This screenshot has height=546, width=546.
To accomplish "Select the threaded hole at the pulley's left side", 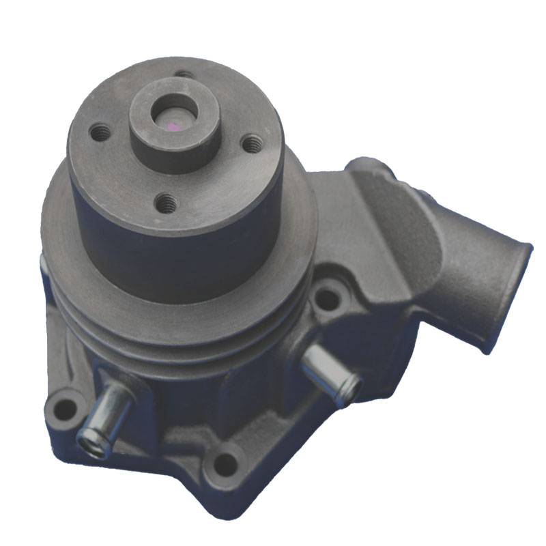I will [101, 132].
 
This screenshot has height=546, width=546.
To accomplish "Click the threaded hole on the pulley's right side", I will [252, 143].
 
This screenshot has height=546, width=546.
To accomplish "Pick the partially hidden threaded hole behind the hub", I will [183, 74].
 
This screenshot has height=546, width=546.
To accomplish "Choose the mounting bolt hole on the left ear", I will [65, 409].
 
